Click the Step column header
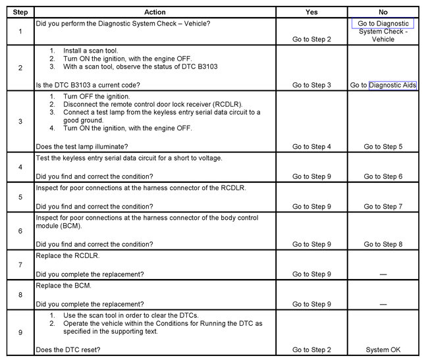20,12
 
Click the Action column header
155,12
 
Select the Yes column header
311,12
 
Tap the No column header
383,12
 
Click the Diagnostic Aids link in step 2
392,85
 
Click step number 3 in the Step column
20,122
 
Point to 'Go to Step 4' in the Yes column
311,146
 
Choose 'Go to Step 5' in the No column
383,146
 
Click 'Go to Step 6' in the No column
383,176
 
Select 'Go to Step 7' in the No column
383,207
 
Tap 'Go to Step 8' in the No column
383,244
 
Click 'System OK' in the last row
383,349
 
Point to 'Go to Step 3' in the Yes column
311,85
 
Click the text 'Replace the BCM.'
63,286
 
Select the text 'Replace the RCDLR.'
67,255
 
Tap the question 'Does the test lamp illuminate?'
82,146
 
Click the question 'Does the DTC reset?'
68,349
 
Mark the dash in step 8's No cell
383,305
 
